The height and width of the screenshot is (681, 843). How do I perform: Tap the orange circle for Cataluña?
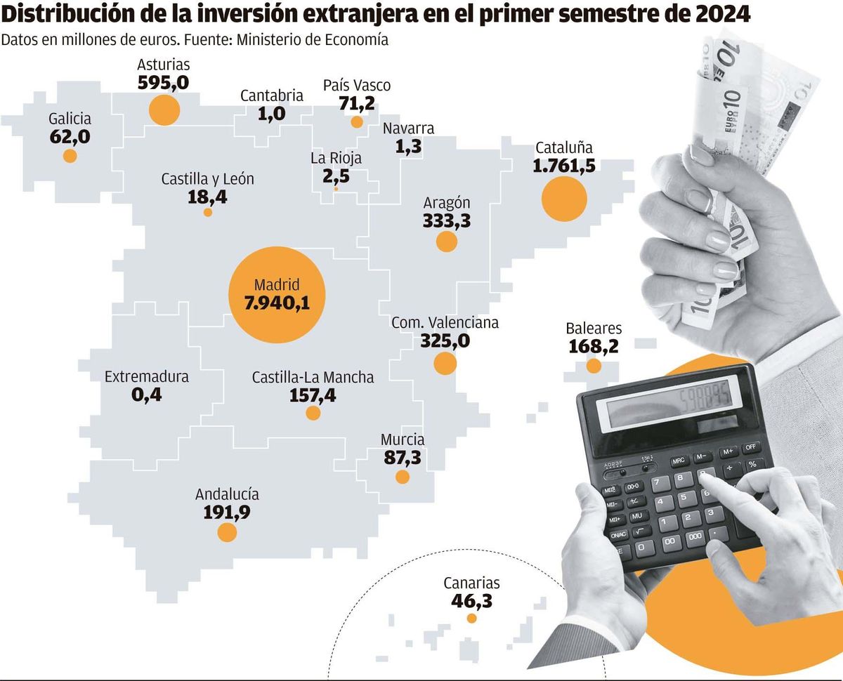point(564,199)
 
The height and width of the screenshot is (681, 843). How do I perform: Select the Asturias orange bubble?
point(164,110)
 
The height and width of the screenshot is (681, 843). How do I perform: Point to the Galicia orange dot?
point(70,156)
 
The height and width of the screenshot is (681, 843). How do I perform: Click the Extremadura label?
point(146,377)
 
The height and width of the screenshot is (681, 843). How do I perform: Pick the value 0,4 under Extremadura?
point(146,395)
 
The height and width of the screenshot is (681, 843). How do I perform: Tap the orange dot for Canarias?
point(471,619)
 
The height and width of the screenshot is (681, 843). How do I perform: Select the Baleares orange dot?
point(594,365)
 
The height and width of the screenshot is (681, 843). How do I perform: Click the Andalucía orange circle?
point(227,532)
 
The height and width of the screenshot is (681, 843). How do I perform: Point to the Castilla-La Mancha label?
point(313,378)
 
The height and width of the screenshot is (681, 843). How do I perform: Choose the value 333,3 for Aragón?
point(446,220)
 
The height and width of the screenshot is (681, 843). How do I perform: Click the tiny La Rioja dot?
point(336,189)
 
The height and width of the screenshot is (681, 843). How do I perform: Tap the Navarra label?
point(408,128)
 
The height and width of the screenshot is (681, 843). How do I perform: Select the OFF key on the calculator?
point(751,447)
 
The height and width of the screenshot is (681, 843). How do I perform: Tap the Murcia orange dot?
point(403,477)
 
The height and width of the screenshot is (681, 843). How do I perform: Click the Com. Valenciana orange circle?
point(445,363)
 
